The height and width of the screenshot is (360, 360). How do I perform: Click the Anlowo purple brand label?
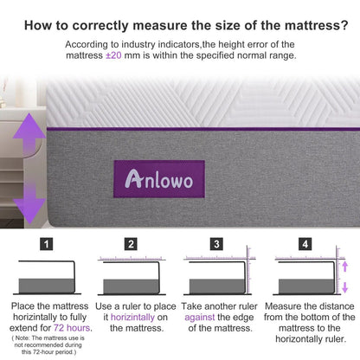[x=157, y=178]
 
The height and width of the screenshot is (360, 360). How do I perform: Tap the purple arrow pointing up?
[x=29, y=137]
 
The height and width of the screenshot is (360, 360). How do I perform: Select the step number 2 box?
[x=130, y=245]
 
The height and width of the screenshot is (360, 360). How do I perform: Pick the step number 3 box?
[x=216, y=245]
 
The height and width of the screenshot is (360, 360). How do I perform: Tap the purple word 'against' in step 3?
[x=201, y=318]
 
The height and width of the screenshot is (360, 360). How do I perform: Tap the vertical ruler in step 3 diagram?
[x=248, y=273]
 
